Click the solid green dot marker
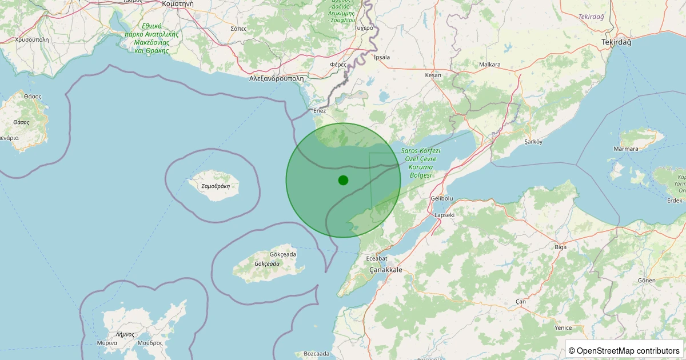[x=343, y=180]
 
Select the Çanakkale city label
[x=386, y=270]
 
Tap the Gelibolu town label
[x=441, y=198]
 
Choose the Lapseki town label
[x=445, y=215]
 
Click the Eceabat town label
[x=377, y=258]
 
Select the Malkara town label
[x=490, y=65]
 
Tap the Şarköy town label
[x=533, y=141]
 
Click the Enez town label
[x=319, y=110]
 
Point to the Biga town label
[x=561, y=247]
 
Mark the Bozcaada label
[x=317, y=354]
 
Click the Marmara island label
[x=625, y=149]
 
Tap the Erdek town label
[x=675, y=201]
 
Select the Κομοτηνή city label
[x=178, y=3]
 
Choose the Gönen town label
[x=647, y=281]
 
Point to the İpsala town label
[x=381, y=57]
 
